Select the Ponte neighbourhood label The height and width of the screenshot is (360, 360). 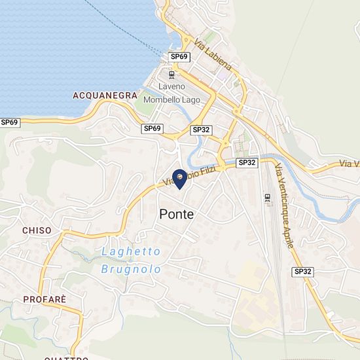pyautogui.click(x=176, y=214)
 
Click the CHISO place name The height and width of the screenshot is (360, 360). pyautogui.click(x=37, y=230)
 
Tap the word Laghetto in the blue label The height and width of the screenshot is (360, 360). pyautogui.click(x=131, y=252)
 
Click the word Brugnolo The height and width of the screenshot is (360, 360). pyautogui.click(x=131, y=269)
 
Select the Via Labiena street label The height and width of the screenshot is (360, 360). pyautogui.click(x=213, y=55)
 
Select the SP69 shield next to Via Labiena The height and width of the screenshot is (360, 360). pyautogui.click(x=179, y=57)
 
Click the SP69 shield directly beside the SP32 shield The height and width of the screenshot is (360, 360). pyautogui.click(x=152, y=128)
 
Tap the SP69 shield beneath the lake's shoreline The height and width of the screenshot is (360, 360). pyautogui.click(x=10, y=122)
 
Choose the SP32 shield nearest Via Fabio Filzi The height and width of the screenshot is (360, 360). pyautogui.click(x=247, y=162)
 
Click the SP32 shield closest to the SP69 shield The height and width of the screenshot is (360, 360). pyautogui.click(x=201, y=130)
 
